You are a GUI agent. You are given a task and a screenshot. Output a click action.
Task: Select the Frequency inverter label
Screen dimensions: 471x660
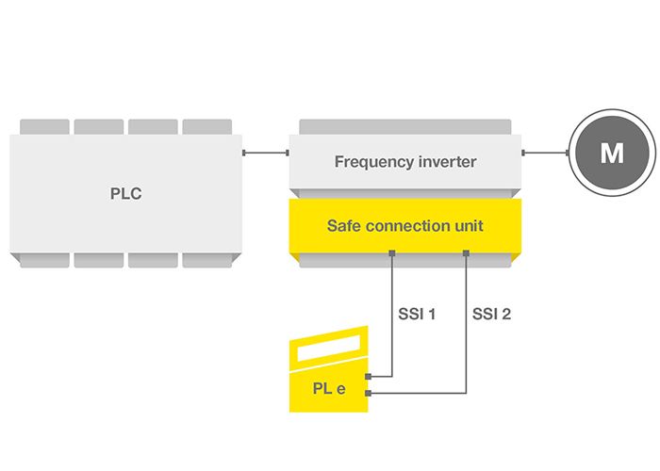(405, 161)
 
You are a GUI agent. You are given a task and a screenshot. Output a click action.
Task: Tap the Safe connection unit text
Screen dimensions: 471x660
(405, 226)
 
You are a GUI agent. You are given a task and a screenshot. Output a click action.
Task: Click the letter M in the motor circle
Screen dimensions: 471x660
(612, 153)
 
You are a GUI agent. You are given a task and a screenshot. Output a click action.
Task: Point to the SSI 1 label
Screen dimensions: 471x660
(415, 313)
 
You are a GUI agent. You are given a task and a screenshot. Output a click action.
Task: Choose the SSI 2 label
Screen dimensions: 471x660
(491, 313)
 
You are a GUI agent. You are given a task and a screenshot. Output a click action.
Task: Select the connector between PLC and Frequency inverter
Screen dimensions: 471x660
(267, 153)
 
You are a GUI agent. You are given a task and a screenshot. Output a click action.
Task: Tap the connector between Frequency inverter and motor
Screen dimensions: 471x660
(543, 153)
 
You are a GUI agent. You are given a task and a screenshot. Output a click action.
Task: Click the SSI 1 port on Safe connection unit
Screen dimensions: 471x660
(391, 252)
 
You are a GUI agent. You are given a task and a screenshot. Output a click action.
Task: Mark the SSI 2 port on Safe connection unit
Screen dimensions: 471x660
(467, 252)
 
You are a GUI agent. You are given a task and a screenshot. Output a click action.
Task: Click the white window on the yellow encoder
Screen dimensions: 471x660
(328, 350)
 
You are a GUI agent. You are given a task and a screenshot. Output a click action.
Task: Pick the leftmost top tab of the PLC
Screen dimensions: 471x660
(44, 126)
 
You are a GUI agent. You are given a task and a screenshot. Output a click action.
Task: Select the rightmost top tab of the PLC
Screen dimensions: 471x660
(206, 126)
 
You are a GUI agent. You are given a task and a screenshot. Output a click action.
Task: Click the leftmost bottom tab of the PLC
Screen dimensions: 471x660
(44, 260)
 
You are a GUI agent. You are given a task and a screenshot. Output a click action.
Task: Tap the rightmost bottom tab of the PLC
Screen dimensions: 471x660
(206, 260)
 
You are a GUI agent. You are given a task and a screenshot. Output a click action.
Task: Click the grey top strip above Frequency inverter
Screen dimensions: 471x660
(405, 125)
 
